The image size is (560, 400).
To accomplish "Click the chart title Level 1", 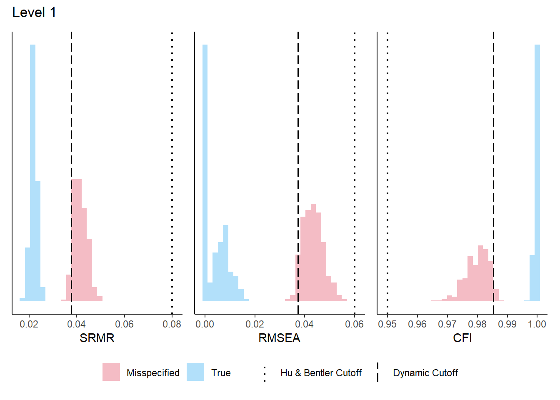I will tap(34, 12).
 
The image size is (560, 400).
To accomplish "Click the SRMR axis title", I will tap(97, 338).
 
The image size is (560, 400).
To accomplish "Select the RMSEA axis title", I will tap(279, 338).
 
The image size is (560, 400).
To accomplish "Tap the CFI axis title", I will tap(462, 338).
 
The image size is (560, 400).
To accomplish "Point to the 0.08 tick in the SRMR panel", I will tap(172, 324).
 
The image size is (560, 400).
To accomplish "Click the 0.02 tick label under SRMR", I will tap(29, 324).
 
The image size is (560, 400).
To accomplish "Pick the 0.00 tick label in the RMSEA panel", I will tap(205, 324).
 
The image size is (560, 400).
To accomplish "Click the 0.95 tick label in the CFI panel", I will tap(387, 324).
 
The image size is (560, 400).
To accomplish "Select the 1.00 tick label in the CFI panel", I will tap(537, 324).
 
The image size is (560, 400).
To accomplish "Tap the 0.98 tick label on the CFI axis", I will tap(477, 324).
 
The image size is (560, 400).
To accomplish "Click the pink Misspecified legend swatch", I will tap(111, 372).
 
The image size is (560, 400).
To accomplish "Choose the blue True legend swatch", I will tap(195, 372).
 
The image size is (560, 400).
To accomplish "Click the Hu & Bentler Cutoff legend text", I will tap(321, 373).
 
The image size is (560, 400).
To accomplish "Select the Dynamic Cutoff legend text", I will tap(425, 373).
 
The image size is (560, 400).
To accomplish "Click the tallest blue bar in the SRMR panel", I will tap(32, 167).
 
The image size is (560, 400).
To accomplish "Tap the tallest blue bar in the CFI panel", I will tap(537, 167).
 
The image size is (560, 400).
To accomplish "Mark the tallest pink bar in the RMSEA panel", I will tap(313, 250).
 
